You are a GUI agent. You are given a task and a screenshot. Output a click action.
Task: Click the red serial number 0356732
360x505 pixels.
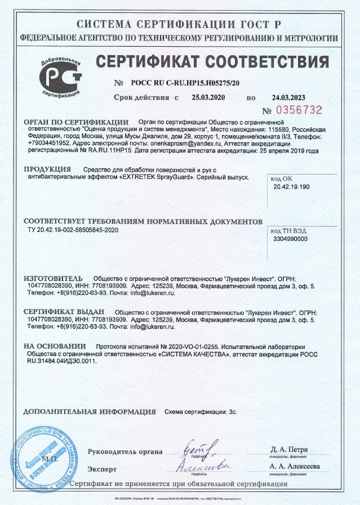coord(300,110)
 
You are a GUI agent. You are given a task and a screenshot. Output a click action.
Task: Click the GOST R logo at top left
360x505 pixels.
coord(60,75)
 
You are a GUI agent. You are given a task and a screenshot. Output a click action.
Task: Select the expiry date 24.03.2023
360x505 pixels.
coord(287,97)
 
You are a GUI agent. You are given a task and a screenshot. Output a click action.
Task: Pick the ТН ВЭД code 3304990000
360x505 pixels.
coord(290,239)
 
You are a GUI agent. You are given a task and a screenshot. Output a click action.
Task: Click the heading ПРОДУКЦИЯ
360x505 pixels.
coord(47,169)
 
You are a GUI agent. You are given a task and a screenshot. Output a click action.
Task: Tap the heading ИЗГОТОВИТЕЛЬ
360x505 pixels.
coord(53,278)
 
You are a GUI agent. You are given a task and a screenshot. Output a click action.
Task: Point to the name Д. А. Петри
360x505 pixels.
coord(288,449)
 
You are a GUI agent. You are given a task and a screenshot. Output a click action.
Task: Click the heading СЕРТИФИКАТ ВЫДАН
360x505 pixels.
coord(64,311)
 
